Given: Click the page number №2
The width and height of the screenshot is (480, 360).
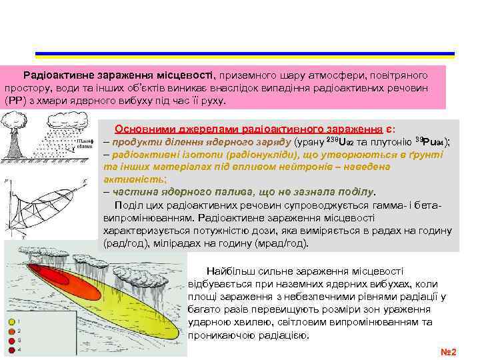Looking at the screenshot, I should coord(449,351).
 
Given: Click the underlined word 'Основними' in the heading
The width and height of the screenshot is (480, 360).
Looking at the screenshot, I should coord(140,129).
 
